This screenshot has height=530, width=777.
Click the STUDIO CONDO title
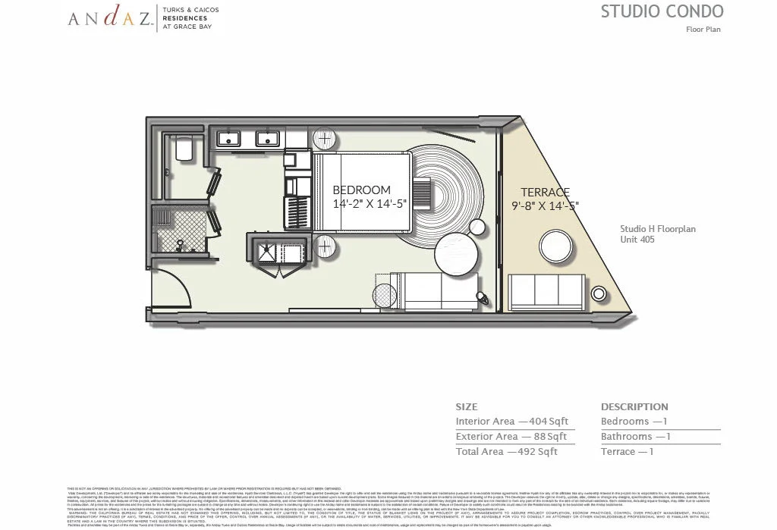pos(662,11)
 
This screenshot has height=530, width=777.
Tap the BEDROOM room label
pos(361,190)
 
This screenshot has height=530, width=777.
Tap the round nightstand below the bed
pos(323,247)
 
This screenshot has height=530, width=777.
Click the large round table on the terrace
pos(556,248)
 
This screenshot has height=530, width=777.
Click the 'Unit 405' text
pos(638,240)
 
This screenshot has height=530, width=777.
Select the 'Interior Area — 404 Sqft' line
pos(511,422)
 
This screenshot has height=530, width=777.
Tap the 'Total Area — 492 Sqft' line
pos(506,452)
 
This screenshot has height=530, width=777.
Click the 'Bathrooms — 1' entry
pos(635,437)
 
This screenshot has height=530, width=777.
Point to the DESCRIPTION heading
pos(634,407)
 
